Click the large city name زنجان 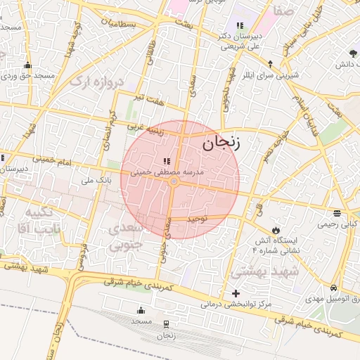click(x=221, y=145)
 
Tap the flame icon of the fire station click(x=276, y=230)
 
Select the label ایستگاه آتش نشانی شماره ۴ click(x=276, y=244)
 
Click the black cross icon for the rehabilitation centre click(x=236, y=292)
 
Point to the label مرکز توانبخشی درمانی click(x=234, y=304)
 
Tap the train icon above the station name click(x=166, y=323)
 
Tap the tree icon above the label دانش click(x=352, y=53)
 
